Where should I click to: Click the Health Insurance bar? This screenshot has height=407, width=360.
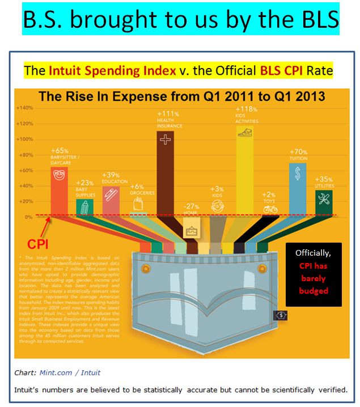pyautogui.click(x=166, y=170)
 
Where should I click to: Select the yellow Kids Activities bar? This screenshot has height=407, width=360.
pyautogui.click(x=244, y=170)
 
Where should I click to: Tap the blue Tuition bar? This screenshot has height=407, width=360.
pyautogui.click(x=297, y=187)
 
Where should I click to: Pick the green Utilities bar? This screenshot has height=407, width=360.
pyautogui.click(x=324, y=201)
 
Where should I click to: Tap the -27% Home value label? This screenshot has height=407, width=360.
pyautogui.click(x=190, y=205)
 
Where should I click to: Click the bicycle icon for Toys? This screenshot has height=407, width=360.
pyautogui.click(x=270, y=209)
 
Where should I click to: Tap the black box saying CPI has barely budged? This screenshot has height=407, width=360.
pyautogui.click(x=314, y=274)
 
